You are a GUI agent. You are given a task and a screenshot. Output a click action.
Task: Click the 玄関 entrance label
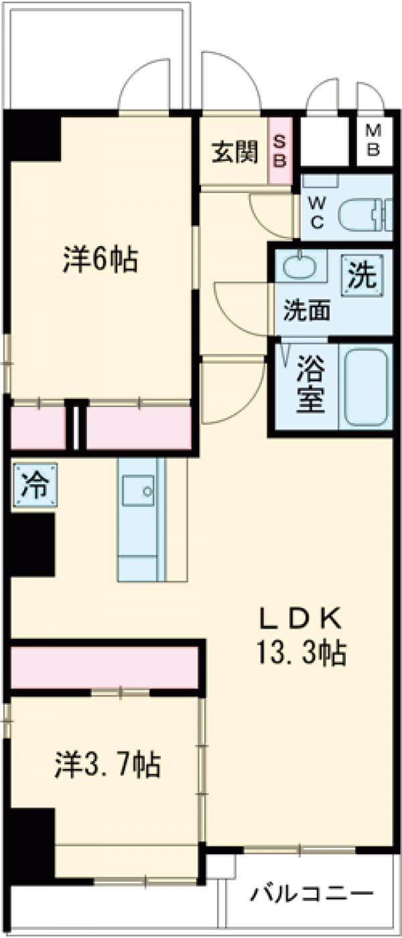coord(235,153)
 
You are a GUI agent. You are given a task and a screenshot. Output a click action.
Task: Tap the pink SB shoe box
coord(280,152)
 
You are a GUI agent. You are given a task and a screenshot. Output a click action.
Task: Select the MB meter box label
coord(373,141)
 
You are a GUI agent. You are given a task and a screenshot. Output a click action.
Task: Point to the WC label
coord(317,211)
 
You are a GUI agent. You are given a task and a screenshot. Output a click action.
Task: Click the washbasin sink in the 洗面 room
coord(298,267)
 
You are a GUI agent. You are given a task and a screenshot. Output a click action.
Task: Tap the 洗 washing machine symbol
coord(362,276)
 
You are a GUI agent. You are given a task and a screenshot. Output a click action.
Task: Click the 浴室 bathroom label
coord(310,388)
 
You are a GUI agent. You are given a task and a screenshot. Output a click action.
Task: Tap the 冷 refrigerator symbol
coord(34,486)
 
